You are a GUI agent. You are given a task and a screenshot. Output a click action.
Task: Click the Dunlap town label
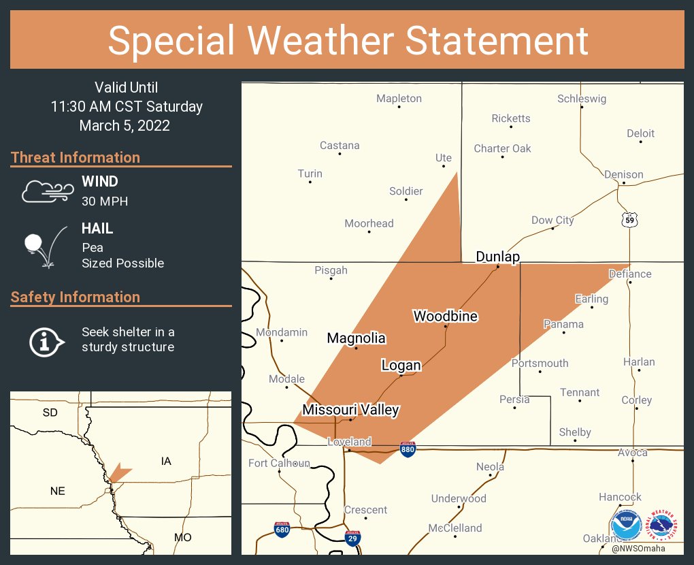coord(497,257)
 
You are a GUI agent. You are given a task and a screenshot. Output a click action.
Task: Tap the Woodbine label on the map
coord(445,316)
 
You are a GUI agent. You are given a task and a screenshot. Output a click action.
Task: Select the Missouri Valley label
coord(350,410)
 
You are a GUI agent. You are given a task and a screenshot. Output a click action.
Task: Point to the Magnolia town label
coord(356,338)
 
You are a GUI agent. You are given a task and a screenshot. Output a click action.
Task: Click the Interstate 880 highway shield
coord(408,450)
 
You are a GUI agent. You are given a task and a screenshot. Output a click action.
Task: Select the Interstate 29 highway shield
coord(352,538)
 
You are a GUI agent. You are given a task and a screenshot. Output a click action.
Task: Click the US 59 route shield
coord(630,220)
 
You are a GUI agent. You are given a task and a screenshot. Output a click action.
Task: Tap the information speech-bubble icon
coord(46,340)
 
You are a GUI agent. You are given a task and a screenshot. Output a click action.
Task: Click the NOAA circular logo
coord(626,526)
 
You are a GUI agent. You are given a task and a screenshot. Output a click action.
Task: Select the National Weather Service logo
coord(663,526)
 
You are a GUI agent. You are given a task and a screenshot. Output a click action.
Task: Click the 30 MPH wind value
coord(104,201)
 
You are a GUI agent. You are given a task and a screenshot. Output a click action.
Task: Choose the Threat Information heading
coord(76,157)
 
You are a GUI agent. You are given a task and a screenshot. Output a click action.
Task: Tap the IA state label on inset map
coord(166,462)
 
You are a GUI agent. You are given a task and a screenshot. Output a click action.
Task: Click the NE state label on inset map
coord(57,490)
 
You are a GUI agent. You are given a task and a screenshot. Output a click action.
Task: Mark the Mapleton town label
coord(399,99)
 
